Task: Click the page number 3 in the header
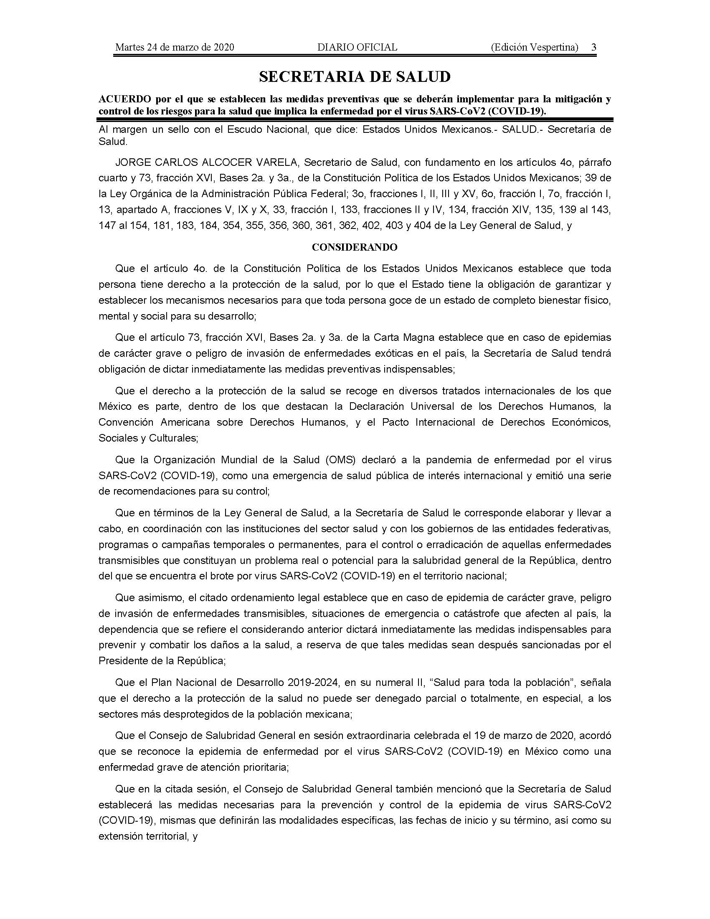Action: [593, 47]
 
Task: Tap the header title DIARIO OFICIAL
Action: [357, 47]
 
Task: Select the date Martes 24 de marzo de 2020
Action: [175, 47]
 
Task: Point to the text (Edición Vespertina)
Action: [534, 47]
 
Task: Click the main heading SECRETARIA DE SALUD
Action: [355, 76]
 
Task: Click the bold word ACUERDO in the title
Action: [124, 99]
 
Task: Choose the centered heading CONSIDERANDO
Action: [355, 247]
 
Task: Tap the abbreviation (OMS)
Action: [341, 460]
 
